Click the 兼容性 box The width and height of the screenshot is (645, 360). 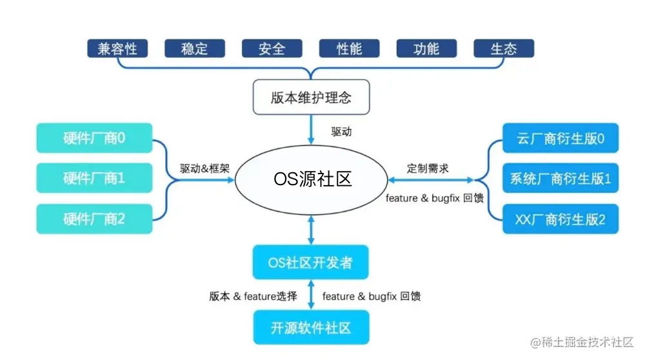pyautogui.click(x=117, y=48)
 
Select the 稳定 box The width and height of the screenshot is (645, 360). pyautogui.click(x=194, y=48)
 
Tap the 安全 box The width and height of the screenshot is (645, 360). pyautogui.click(x=272, y=48)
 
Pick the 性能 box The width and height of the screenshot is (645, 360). pyautogui.click(x=349, y=48)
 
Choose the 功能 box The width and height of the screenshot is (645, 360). pyautogui.click(x=426, y=48)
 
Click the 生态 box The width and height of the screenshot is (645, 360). pyautogui.click(x=504, y=48)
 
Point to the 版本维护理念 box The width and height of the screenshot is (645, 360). pyautogui.click(x=311, y=97)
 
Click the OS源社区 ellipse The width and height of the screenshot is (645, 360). pyautogui.click(x=312, y=177)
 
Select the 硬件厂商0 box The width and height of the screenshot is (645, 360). pyautogui.click(x=94, y=137)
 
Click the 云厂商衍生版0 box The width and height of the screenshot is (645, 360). pyautogui.click(x=560, y=137)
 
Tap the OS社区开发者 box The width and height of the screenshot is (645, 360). pyautogui.click(x=311, y=262)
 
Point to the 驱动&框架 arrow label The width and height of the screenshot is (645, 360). pyautogui.click(x=204, y=168)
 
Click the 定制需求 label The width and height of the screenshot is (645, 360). pyautogui.click(x=428, y=168)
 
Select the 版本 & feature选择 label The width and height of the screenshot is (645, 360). pyautogui.click(x=253, y=296)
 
